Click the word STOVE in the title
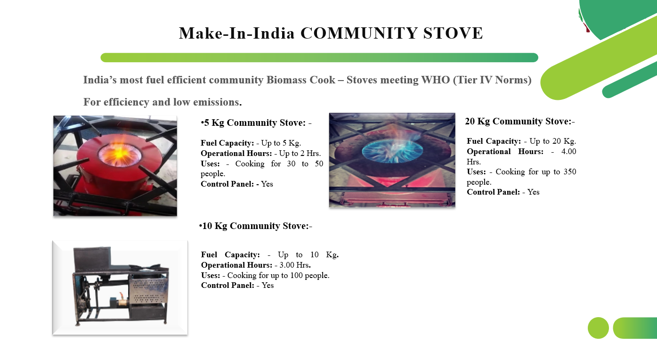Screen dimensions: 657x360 [453, 33]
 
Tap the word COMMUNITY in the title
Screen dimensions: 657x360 [359, 33]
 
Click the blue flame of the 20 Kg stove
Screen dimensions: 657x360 [392, 150]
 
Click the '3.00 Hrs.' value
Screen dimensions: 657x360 [295, 265]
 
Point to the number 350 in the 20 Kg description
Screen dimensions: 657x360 [570, 172]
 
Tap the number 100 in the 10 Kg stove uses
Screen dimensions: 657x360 [296, 276]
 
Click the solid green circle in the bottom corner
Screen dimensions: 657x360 [598, 328]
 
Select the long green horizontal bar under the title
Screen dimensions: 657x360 [319, 57]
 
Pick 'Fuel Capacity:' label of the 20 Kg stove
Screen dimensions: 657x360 [494, 141]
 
